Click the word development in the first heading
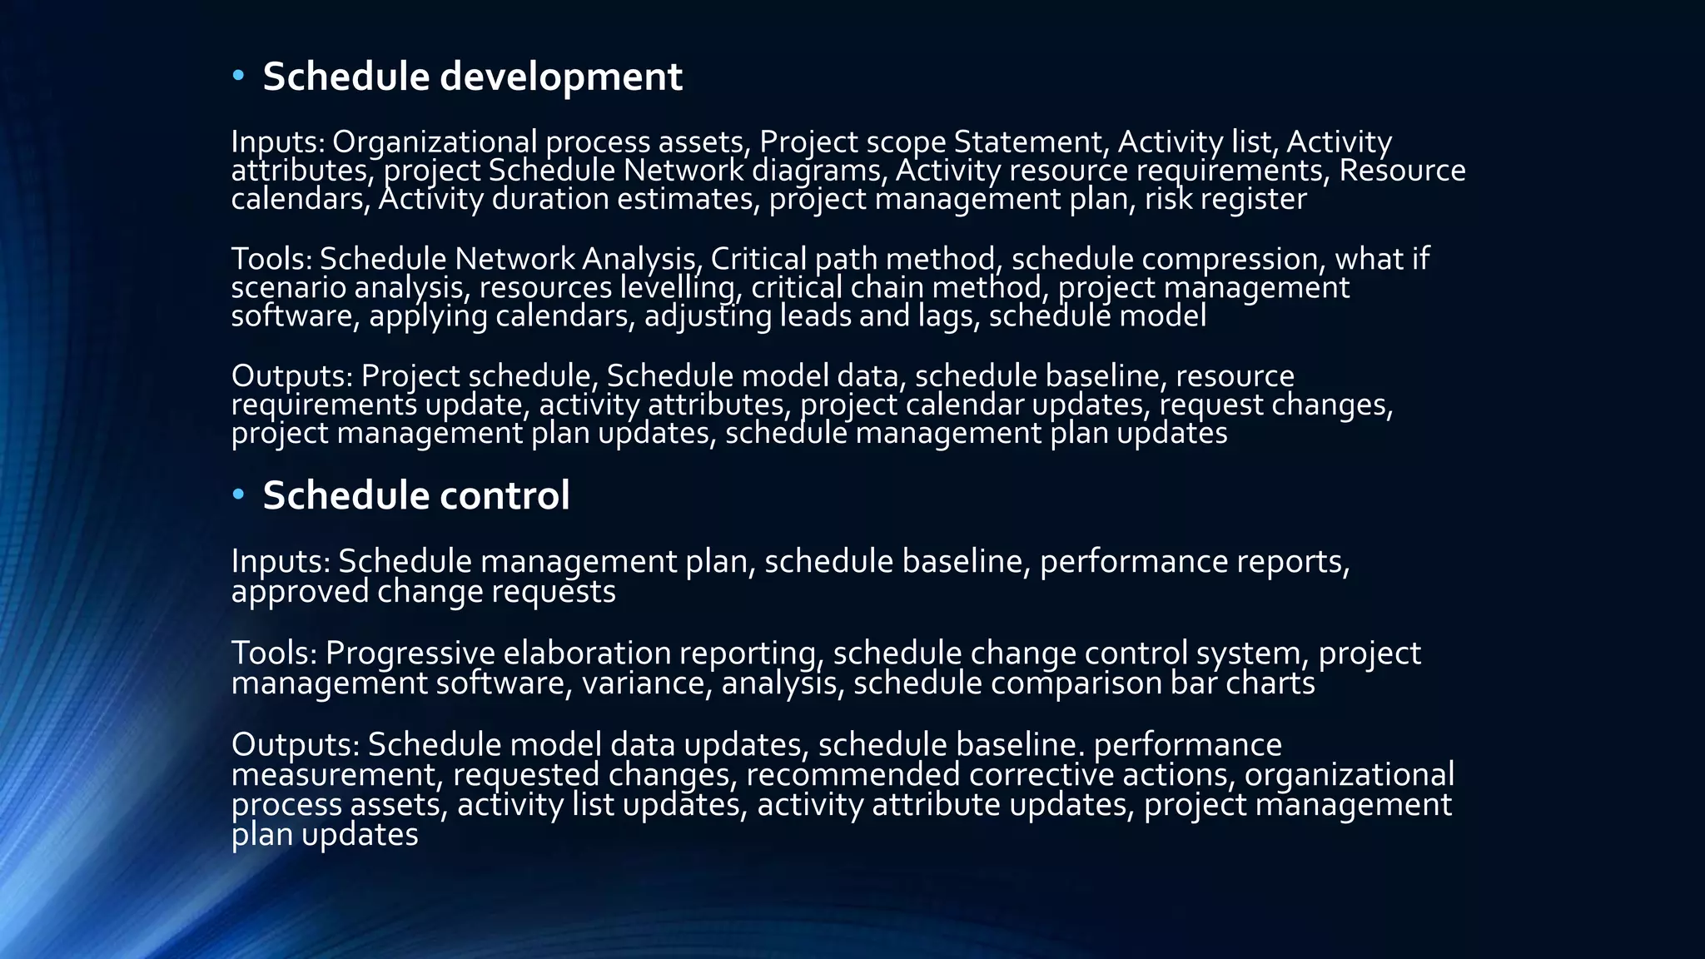click(x=560, y=77)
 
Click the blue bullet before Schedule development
click(x=239, y=77)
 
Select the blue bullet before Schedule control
click(x=239, y=495)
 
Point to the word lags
click(x=948, y=316)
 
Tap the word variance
click(x=646, y=683)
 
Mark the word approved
click(x=299, y=592)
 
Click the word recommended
click(x=852, y=775)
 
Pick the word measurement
click(x=334, y=775)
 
